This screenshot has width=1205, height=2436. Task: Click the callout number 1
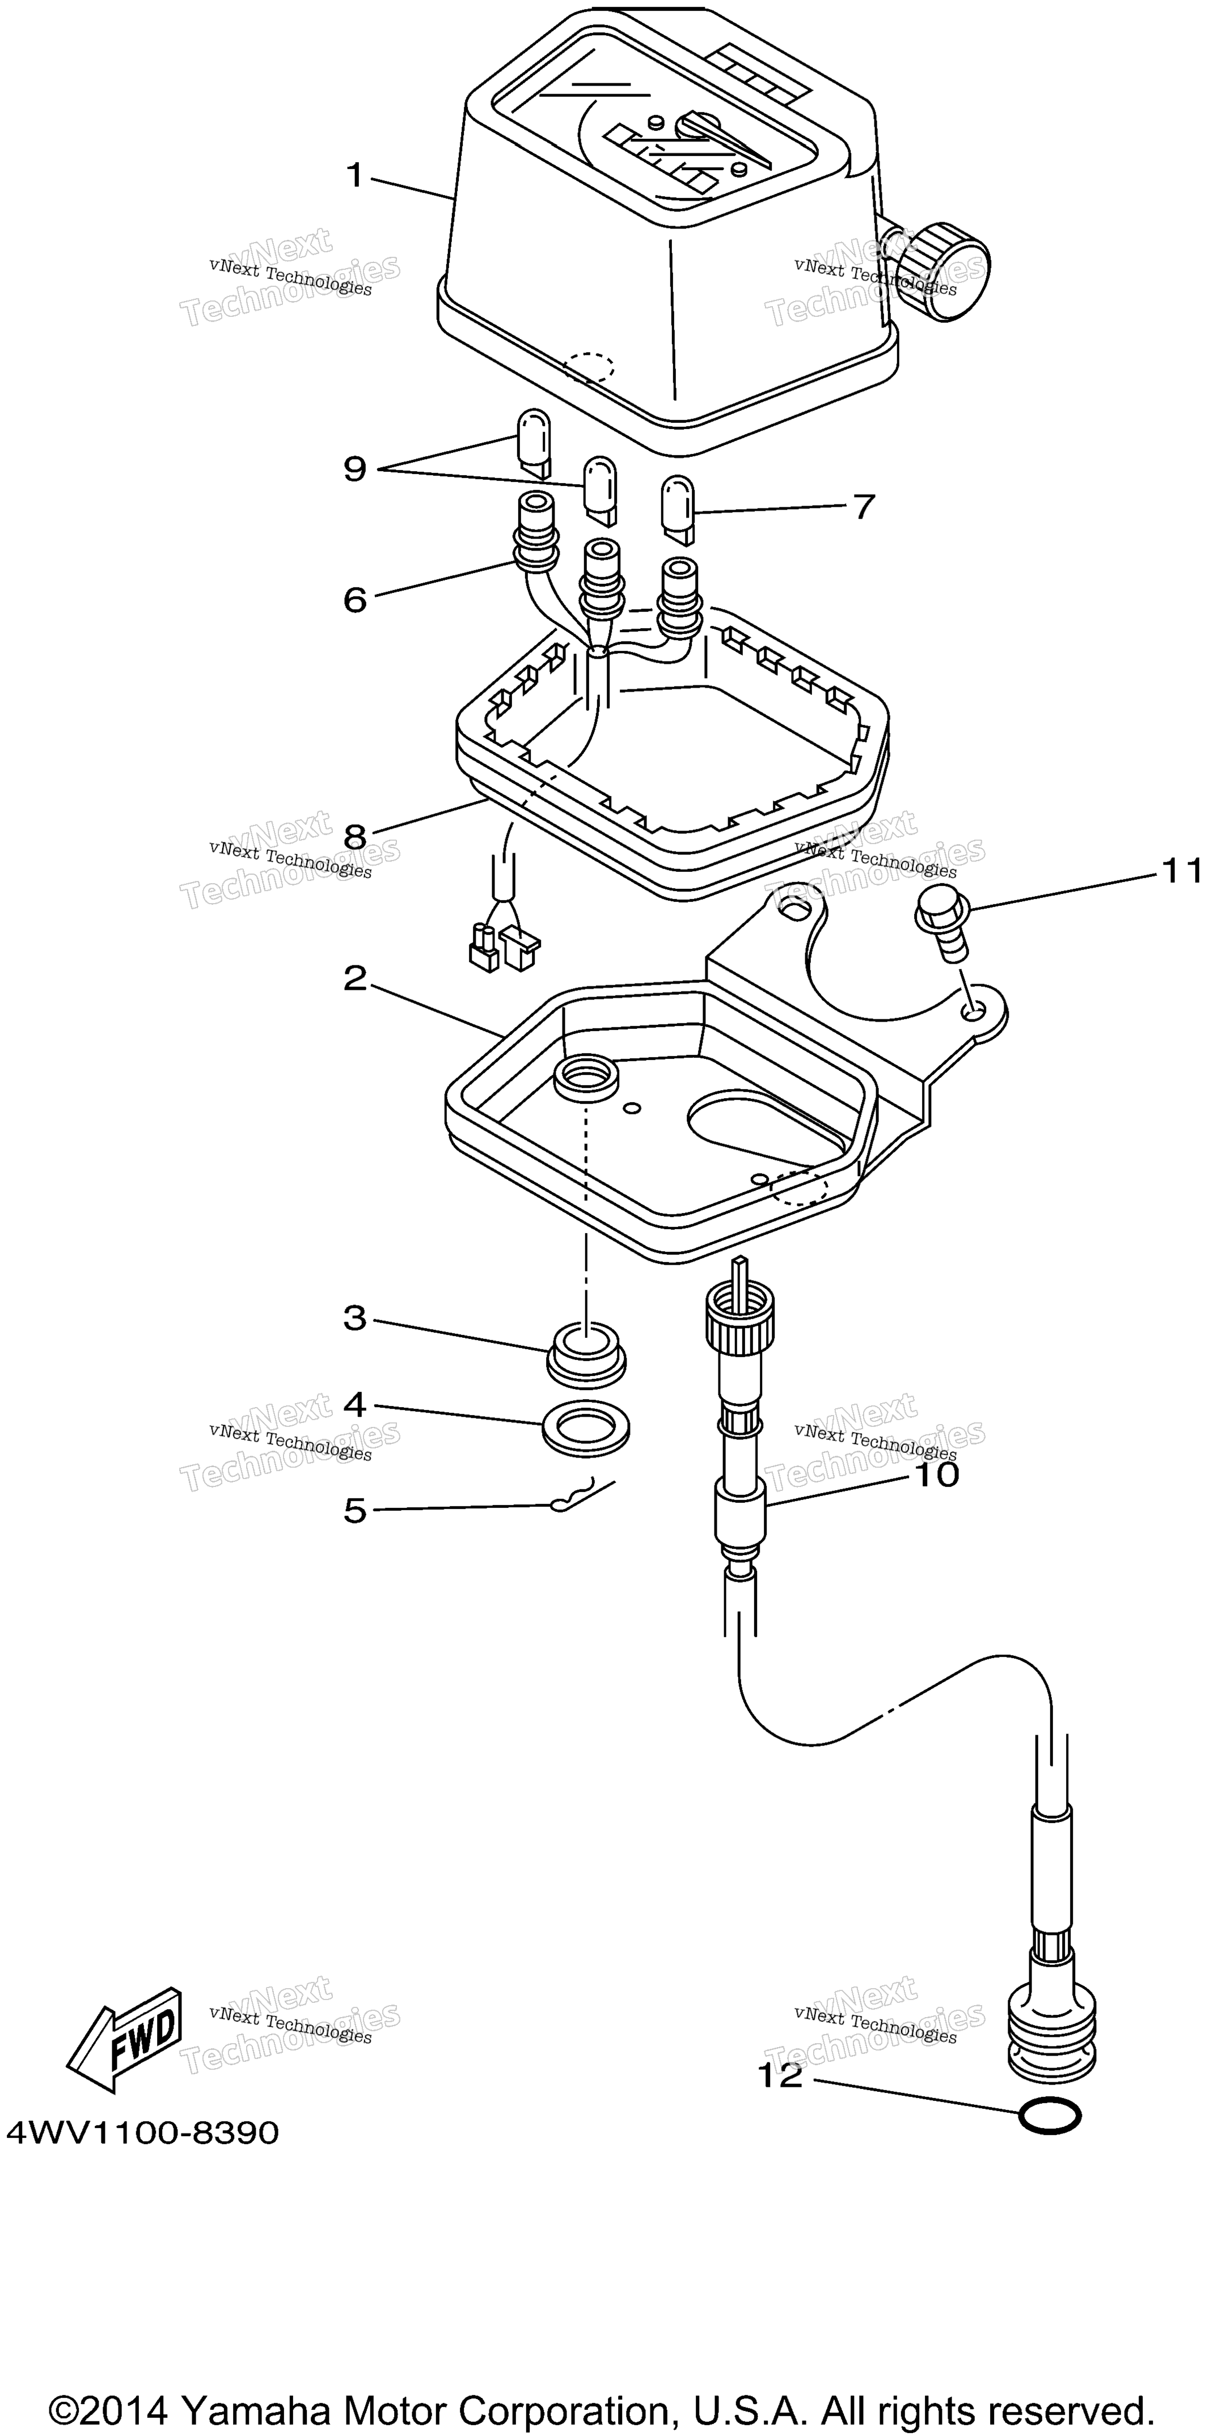tap(354, 175)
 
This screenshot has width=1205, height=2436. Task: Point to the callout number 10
tap(936, 1473)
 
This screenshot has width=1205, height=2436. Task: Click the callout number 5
tap(354, 1510)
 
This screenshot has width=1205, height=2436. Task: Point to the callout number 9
tap(354, 468)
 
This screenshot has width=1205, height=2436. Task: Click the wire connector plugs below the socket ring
tap(502, 946)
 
